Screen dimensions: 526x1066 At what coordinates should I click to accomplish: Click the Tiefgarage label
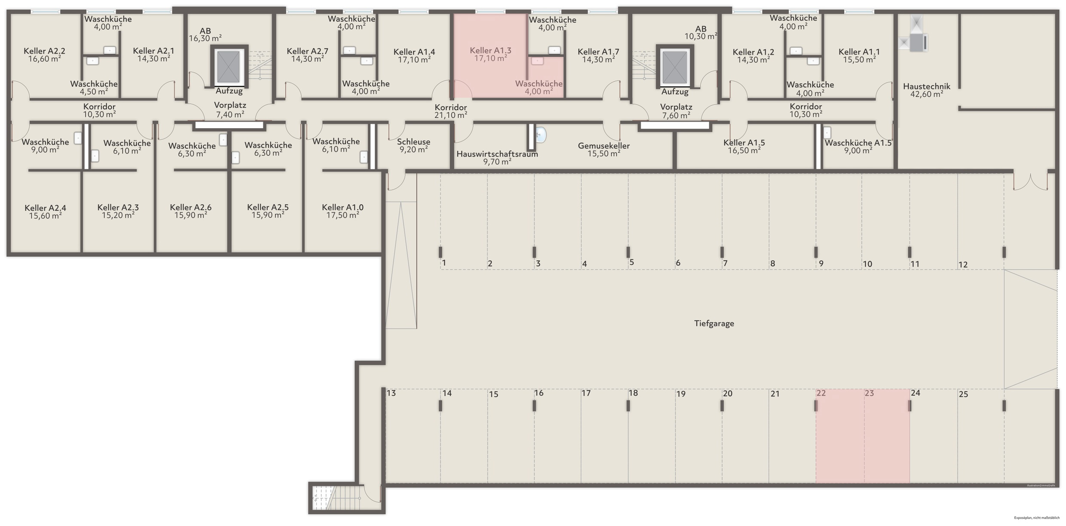point(714,323)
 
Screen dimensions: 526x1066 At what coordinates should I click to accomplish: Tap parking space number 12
point(963,265)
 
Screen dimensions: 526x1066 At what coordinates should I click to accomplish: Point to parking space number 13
point(391,393)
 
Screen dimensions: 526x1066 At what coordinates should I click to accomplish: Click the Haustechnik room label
point(926,86)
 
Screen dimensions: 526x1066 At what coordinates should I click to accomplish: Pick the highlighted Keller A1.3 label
point(490,51)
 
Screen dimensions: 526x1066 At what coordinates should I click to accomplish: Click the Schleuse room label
point(414,142)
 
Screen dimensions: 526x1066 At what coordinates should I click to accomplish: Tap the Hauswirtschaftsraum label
point(497,154)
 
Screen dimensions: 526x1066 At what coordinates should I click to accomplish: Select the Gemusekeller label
point(603,146)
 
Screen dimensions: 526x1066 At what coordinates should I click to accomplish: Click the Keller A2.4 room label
point(45,208)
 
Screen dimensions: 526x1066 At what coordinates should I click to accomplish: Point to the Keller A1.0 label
point(343,208)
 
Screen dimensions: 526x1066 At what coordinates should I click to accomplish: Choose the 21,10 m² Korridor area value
point(450,115)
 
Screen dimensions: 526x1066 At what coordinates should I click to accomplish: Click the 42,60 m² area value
point(926,94)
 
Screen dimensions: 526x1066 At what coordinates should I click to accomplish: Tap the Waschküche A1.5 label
point(858,143)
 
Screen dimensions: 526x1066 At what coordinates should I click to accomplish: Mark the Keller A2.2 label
point(44,51)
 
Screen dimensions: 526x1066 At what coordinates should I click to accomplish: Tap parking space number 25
point(963,394)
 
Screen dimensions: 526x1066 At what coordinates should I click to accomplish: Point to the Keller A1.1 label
point(859,52)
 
